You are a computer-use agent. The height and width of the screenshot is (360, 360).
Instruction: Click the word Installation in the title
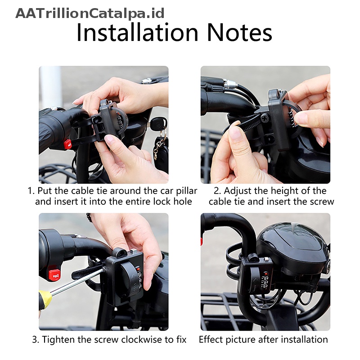(138, 33)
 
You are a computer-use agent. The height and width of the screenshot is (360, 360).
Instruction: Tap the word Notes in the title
(239, 33)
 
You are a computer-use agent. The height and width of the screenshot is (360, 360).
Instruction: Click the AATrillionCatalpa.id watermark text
(90, 13)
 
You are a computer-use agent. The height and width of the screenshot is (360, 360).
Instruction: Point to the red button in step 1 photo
(67, 144)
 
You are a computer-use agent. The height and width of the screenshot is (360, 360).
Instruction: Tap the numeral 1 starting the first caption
(30, 190)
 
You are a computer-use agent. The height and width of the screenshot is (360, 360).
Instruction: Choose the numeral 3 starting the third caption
(35, 339)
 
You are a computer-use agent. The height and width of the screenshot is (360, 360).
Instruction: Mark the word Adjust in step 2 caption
(238, 190)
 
